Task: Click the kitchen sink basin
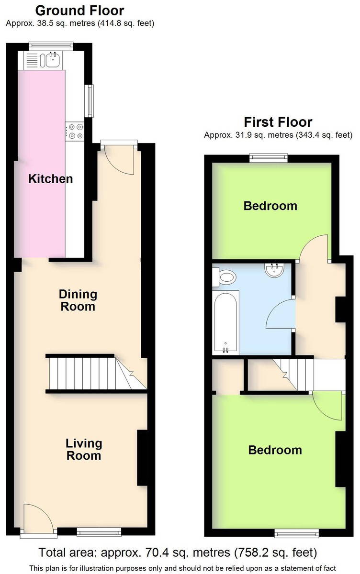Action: (x=53, y=60)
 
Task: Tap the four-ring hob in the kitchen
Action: (x=75, y=131)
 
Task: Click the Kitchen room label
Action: (x=51, y=178)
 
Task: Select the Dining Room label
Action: (x=78, y=300)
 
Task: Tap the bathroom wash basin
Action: (x=274, y=270)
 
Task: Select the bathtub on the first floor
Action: (x=225, y=323)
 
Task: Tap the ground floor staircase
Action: (x=96, y=373)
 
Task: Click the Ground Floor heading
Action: (x=80, y=11)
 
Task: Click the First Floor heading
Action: (x=278, y=122)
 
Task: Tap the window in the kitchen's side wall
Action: (x=89, y=101)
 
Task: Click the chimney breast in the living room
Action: (x=142, y=458)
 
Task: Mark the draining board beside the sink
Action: (x=32, y=60)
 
